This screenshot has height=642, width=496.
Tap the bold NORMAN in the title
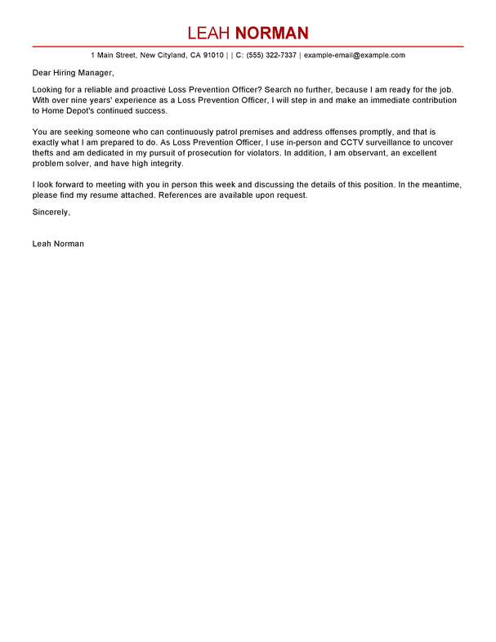271,34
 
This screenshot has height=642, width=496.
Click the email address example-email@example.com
355,56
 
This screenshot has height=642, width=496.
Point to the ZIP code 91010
212,56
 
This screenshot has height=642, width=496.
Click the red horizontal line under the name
248,47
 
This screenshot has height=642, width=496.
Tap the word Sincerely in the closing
51,212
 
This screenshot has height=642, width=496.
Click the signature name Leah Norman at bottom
58,244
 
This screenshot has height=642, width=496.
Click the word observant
342,152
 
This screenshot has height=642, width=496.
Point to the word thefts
44,152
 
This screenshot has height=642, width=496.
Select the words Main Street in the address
117,56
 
